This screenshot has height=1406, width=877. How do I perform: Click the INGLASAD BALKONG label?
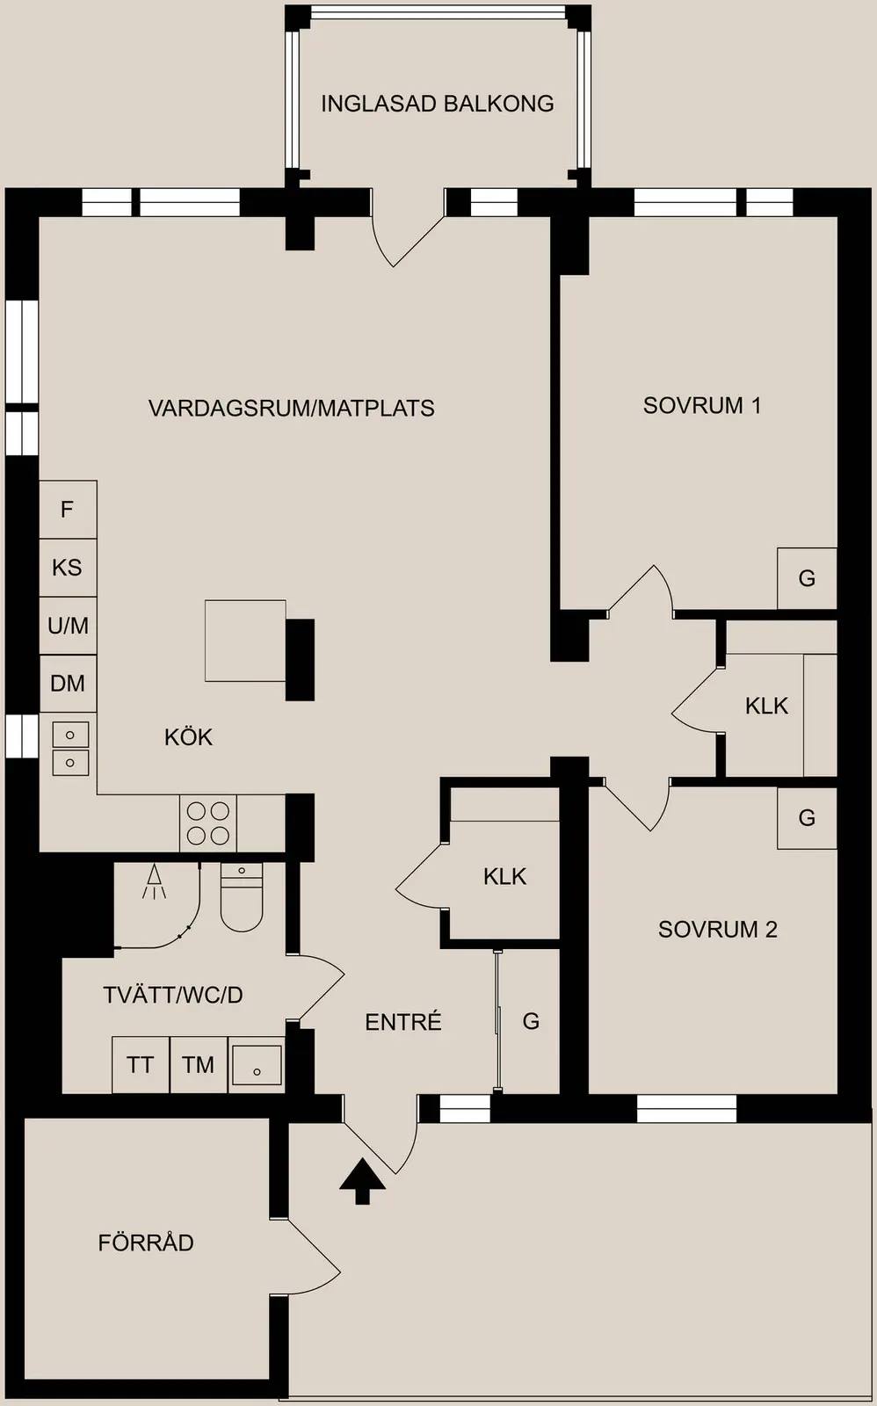[x=438, y=104]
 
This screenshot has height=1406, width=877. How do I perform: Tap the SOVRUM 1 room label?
[x=702, y=405]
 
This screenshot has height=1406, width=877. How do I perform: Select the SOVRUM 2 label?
[x=718, y=929]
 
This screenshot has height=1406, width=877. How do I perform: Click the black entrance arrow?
[x=362, y=1182]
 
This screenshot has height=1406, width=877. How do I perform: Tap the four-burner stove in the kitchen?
[x=207, y=823]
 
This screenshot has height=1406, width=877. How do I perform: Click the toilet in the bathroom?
[x=242, y=897]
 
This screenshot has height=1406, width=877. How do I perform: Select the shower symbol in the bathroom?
[x=154, y=882]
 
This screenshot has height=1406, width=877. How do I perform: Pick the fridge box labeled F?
[x=68, y=509]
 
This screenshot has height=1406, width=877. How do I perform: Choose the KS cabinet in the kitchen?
[x=68, y=568]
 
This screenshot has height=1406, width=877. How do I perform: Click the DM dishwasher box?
[x=68, y=684]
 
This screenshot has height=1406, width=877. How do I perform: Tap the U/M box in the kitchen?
[x=68, y=626]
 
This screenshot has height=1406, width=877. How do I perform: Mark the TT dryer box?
[x=141, y=1065]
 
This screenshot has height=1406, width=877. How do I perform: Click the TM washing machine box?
[x=199, y=1065]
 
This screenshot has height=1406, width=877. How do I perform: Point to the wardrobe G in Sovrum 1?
[x=807, y=578]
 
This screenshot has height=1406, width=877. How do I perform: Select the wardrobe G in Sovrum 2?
[x=807, y=818]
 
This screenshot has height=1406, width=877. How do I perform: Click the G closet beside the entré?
[x=531, y=1022]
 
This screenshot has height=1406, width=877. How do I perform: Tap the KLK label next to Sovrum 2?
[x=504, y=876]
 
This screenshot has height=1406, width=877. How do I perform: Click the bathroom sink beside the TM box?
[x=257, y=1065]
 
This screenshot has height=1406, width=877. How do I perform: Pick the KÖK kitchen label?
[x=188, y=737]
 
